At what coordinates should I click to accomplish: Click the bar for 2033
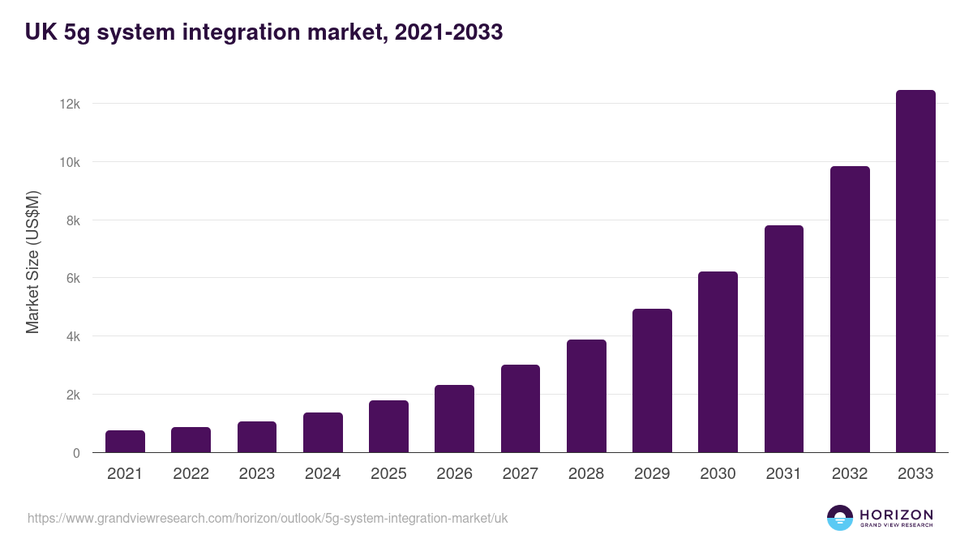click(915, 271)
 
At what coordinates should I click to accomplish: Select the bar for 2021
click(125, 442)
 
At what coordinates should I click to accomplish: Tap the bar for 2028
click(586, 396)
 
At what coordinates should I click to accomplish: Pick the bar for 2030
click(718, 362)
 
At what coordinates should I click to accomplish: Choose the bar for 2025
click(388, 426)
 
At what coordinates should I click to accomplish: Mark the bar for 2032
click(850, 310)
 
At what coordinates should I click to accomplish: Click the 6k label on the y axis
click(72, 278)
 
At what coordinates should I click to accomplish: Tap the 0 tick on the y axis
click(76, 453)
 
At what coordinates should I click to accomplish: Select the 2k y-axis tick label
click(72, 395)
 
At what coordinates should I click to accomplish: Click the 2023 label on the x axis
click(256, 474)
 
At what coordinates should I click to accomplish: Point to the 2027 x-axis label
click(520, 474)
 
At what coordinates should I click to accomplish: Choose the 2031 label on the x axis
click(783, 474)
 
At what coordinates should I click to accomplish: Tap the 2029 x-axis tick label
click(652, 474)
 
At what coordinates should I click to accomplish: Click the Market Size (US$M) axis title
click(32, 263)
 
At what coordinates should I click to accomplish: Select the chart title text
click(264, 32)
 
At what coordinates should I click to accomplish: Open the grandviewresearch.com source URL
click(268, 518)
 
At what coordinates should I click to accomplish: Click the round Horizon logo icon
click(840, 518)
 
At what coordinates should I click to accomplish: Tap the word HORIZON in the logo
click(896, 514)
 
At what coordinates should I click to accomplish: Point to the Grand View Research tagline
click(896, 526)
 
